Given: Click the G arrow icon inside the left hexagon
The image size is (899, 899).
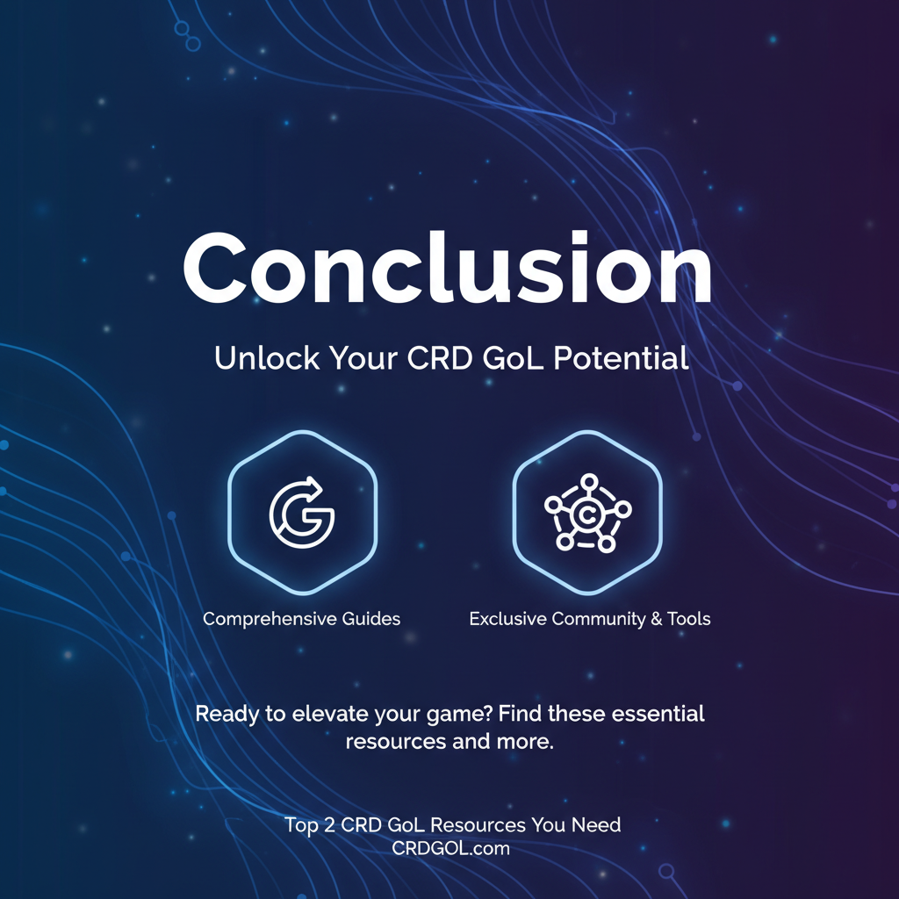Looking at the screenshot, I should tap(301, 511).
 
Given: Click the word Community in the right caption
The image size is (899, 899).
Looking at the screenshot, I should tap(594, 619).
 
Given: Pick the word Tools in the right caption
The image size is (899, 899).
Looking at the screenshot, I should tap(688, 619).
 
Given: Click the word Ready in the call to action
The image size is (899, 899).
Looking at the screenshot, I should tap(227, 714).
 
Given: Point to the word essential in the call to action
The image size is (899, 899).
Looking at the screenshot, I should tap(655, 714).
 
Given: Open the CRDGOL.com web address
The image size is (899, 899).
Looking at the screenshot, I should tap(451, 848).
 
